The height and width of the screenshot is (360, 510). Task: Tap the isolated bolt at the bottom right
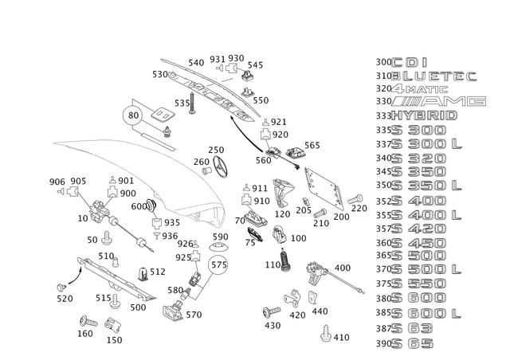(325, 336)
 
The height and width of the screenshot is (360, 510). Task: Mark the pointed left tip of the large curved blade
(54, 142)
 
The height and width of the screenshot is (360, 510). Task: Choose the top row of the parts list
(414, 61)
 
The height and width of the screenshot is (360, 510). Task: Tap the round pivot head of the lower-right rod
(313, 271)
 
